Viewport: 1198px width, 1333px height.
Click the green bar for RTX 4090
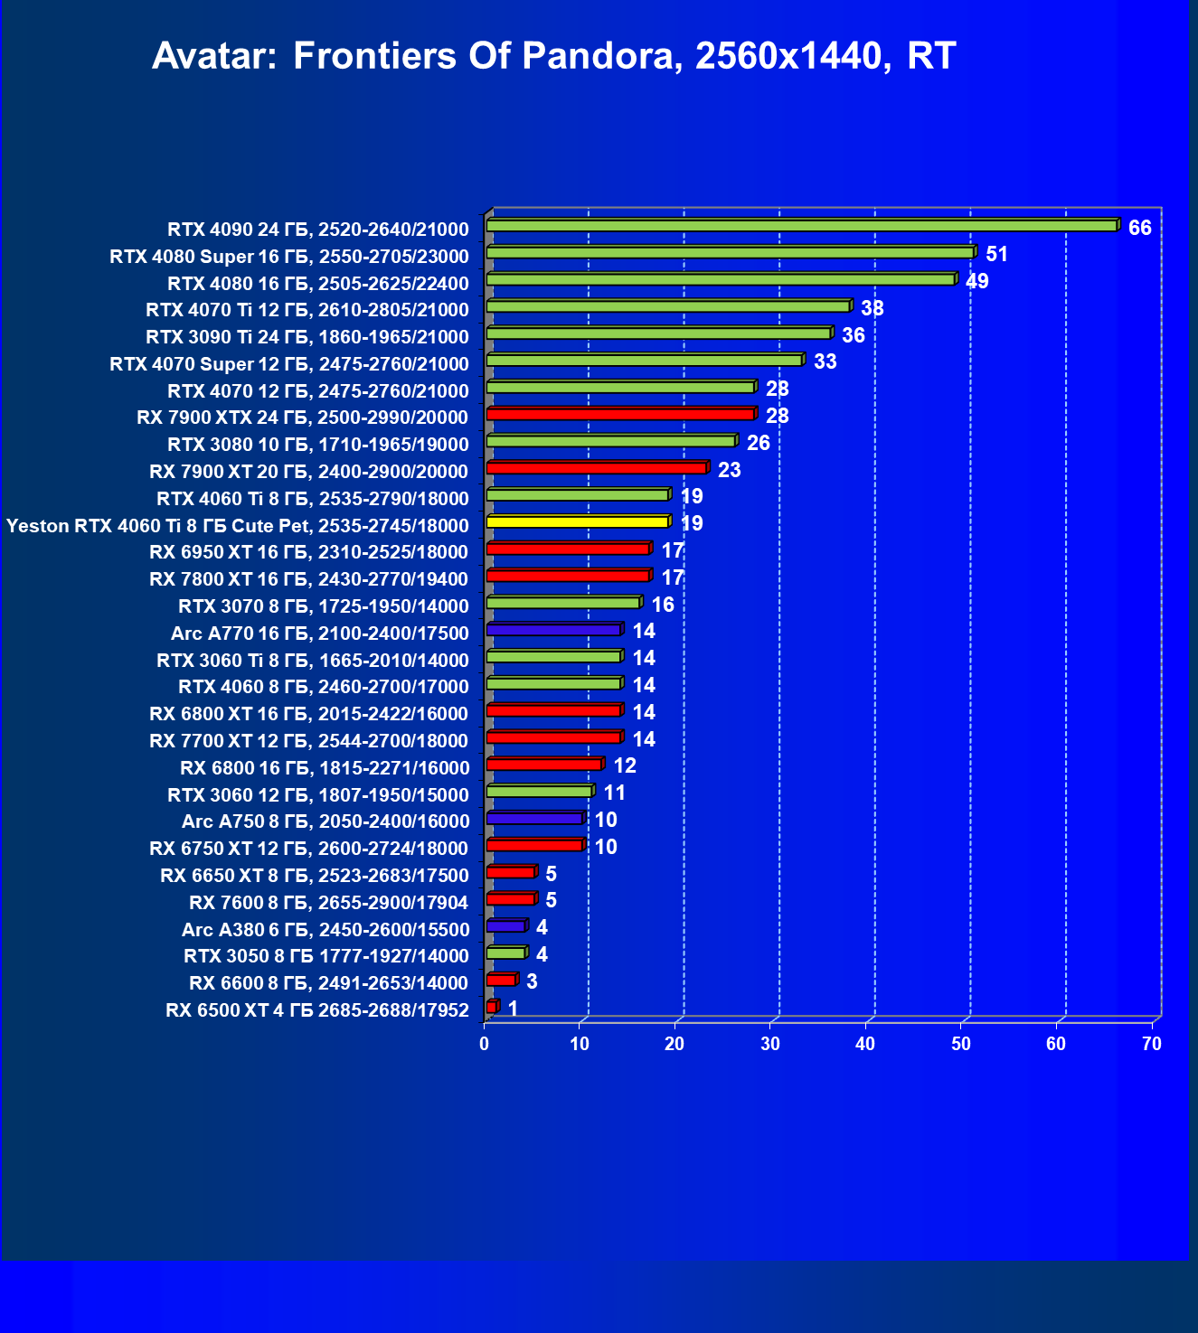point(801,226)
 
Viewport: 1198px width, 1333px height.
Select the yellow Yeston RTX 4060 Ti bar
point(577,521)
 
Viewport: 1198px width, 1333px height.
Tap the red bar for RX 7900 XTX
point(619,414)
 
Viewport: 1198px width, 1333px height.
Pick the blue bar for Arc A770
point(553,630)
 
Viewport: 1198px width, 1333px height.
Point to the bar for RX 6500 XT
point(491,1007)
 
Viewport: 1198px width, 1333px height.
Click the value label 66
point(1139,228)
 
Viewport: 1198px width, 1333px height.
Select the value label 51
point(996,254)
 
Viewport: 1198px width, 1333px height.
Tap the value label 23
point(729,470)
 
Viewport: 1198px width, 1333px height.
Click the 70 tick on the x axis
point(1151,1045)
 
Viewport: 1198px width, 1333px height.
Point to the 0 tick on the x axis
point(485,1045)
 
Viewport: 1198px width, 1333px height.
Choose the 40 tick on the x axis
point(865,1045)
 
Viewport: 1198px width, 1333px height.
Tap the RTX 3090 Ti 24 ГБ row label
point(307,337)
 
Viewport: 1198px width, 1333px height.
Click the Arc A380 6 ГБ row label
point(325,929)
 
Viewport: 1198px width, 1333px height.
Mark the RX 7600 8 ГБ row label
point(329,902)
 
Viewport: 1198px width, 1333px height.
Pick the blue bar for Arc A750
point(534,818)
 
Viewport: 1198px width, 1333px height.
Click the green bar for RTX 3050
point(505,953)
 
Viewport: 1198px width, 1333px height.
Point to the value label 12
point(624,766)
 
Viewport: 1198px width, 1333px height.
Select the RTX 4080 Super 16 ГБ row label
point(289,257)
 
